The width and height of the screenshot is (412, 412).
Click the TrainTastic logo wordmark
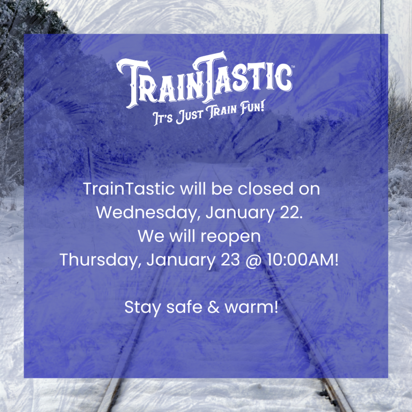tap(204, 77)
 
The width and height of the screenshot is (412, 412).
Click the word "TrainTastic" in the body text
tap(129, 189)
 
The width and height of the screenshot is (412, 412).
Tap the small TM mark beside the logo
tap(293, 65)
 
